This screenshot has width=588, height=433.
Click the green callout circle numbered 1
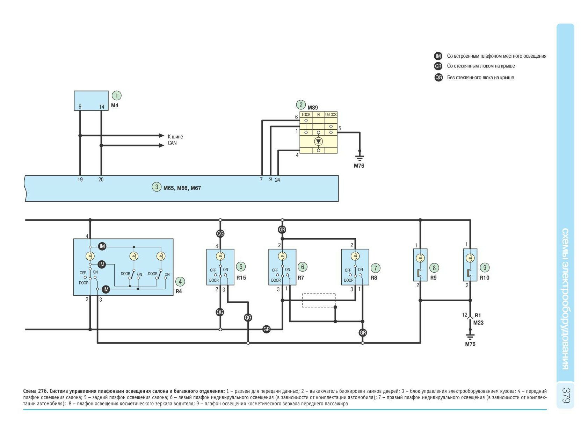[116, 95]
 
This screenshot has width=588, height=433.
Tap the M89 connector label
[313, 108]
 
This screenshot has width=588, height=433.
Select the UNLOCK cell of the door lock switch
[331, 115]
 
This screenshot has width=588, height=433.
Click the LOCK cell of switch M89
[306, 115]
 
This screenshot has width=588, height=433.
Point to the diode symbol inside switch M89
[318, 141]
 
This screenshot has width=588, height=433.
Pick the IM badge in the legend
[438, 56]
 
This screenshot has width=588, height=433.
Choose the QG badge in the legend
[438, 78]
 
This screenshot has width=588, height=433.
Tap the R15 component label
[241, 278]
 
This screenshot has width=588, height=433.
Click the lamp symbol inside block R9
[420, 258]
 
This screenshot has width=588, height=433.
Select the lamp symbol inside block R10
[470, 258]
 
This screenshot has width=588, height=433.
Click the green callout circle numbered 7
[375, 268]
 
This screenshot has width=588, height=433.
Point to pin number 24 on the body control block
[277, 180]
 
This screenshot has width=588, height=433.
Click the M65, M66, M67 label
[182, 188]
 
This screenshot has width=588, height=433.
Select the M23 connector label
[478, 323]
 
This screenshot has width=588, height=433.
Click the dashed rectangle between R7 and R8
[319, 300]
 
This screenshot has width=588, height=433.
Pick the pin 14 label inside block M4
[102, 107]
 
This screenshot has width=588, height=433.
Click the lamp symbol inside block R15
[220, 256]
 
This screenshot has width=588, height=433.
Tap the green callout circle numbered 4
[180, 282]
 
